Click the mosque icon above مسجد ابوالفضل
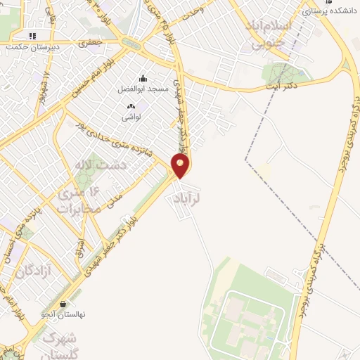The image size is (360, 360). [x=143, y=79]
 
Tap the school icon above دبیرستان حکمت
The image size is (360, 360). [x=32, y=36]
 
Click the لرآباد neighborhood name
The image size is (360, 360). [x=186, y=199]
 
